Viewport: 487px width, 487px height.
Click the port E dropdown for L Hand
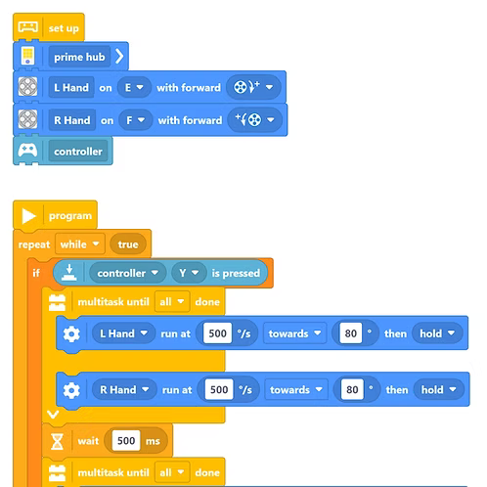tap(134, 87)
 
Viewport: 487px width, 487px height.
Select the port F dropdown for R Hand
tap(135, 120)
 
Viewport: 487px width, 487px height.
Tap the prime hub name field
tap(79, 57)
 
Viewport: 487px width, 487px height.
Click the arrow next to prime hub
tap(119, 57)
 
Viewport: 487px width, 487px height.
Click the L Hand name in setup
tap(71, 87)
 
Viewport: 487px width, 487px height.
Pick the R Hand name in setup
tap(72, 120)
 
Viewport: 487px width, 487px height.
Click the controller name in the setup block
tap(78, 152)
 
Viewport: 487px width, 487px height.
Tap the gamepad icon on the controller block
tap(27, 151)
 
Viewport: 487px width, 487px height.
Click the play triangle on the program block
tap(28, 216)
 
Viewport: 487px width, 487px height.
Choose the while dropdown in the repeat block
tap(80, 244)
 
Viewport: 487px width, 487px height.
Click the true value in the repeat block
tap(128, 244)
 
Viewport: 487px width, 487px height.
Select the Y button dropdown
tap(189, 273)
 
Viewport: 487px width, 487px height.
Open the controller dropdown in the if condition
tap(128, 273)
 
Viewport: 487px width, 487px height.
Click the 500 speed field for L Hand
tap(217, 333)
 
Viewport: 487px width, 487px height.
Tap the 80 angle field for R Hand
tap(352, 389)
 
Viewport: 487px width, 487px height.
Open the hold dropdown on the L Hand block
tap(437, 333)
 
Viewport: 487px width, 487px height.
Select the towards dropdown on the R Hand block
tap(296, 389)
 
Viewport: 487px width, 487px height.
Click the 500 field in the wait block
tap(126, 441)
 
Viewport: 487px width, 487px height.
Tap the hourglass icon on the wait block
tap(57, 442)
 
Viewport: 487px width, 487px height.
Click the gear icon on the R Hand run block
tap(71, 390)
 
